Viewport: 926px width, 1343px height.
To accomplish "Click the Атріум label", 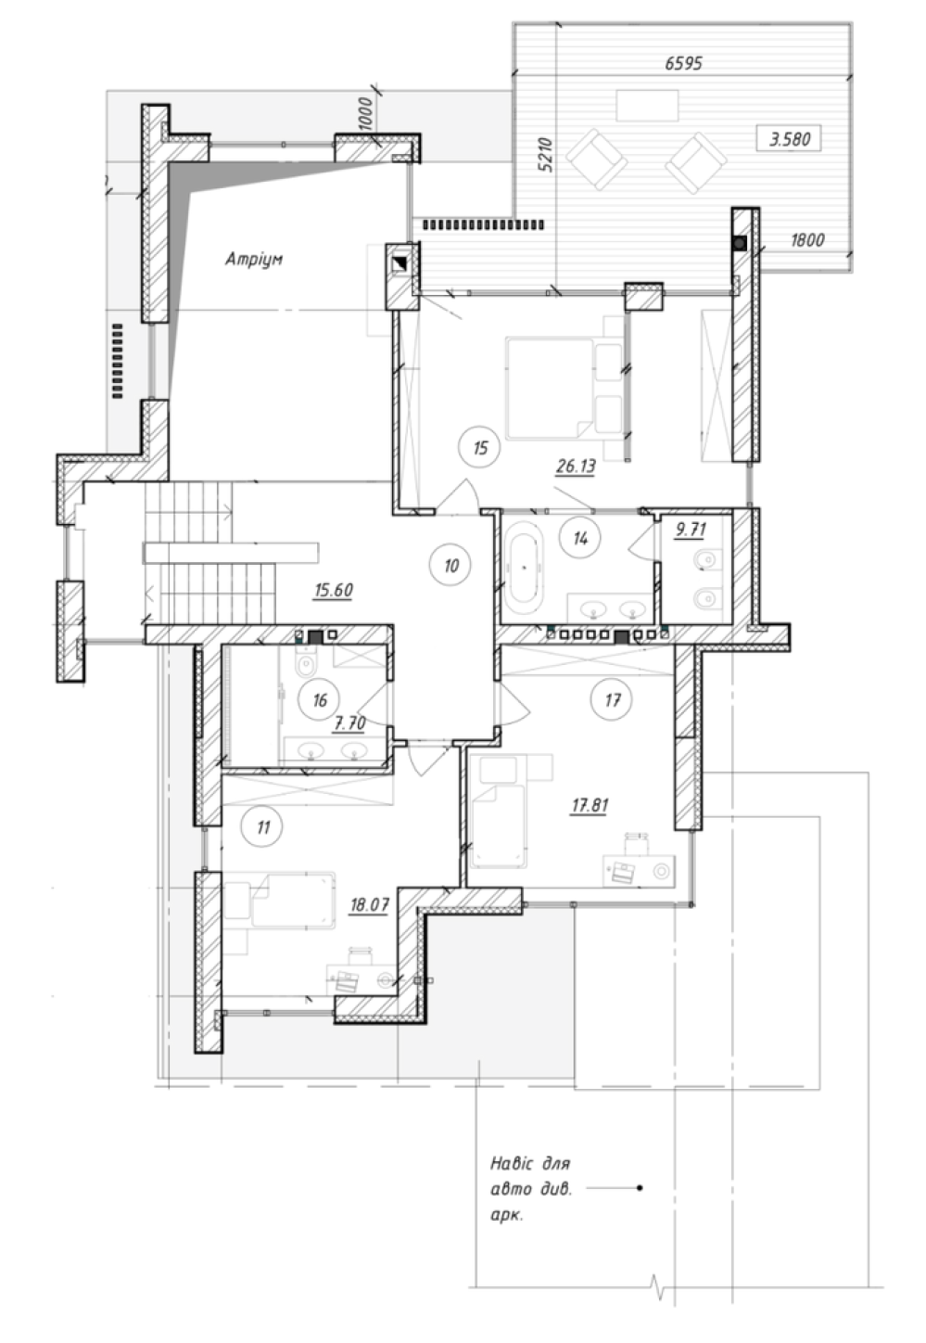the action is pos(254,259).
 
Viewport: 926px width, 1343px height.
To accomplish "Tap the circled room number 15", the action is pos(480,448).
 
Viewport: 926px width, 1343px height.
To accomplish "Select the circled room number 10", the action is pos(451,565).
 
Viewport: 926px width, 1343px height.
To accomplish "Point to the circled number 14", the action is pos(579,538).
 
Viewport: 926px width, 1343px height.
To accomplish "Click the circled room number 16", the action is pos(320,699).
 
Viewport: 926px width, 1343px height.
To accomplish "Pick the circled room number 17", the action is pos(612,699).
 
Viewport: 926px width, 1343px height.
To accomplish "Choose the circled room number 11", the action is pos(262,827).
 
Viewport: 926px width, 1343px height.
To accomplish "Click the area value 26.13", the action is pos(576,466).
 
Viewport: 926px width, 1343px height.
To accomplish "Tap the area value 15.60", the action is pos(334,591).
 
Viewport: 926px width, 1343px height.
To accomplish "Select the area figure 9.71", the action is pos(691,530).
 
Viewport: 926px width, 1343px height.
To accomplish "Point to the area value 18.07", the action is pos(369,904).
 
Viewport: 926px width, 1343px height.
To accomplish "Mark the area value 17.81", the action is pos(590,805).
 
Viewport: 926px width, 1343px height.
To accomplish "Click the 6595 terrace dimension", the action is pos(683,63).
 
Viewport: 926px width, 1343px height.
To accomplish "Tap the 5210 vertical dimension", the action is pos(545,155).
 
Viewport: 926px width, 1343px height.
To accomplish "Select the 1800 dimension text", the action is pos(807,240).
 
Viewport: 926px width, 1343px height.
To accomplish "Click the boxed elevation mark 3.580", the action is pos(789,139).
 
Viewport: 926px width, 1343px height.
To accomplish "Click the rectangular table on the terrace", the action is pos(647,105).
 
